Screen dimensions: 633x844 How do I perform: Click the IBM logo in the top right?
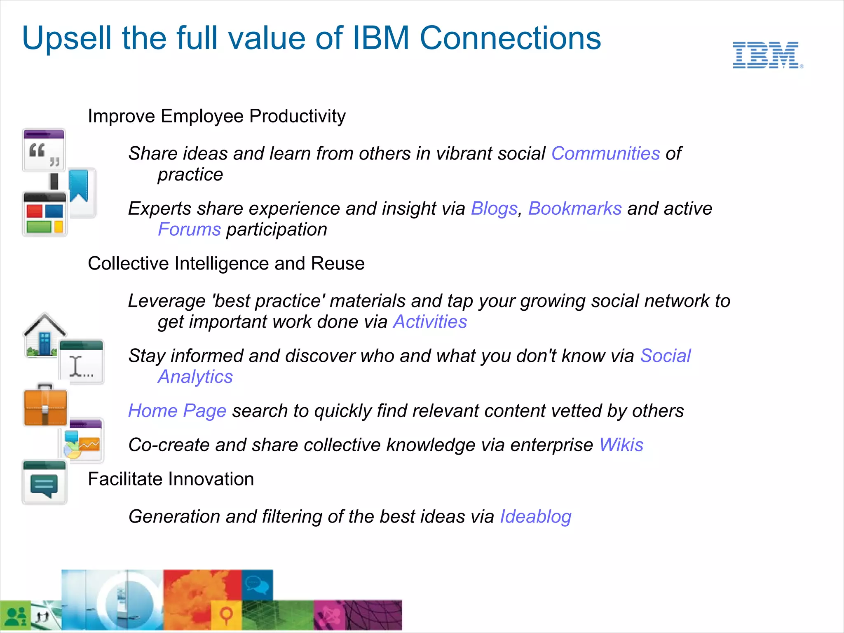pos(767,55)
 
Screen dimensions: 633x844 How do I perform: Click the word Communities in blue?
pos(605,154)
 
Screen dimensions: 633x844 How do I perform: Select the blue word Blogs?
pos(494,209)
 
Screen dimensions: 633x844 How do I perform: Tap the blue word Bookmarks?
pos(574,209)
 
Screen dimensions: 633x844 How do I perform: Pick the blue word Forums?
pos(189,230)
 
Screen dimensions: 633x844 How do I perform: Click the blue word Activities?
pos(430,322)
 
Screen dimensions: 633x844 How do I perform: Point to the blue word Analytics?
pos(195,377)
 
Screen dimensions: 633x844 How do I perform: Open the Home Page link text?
pos(177,411)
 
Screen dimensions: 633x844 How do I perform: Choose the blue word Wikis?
pos(621,445)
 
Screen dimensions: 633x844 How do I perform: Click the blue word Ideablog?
pos(535,517)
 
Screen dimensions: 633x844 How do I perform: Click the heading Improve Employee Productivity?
pos(217,116)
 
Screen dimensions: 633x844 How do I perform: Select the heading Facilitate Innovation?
pos(171,479)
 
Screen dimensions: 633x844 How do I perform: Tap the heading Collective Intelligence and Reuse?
pos(226,264)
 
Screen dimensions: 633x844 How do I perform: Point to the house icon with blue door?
pos(44,335)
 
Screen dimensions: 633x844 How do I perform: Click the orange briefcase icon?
pos(45,406)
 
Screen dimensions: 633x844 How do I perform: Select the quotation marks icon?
pos(44,150)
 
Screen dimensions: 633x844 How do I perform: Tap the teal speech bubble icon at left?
pos(44,483)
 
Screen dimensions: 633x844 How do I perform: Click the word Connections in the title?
pos(510,38)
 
